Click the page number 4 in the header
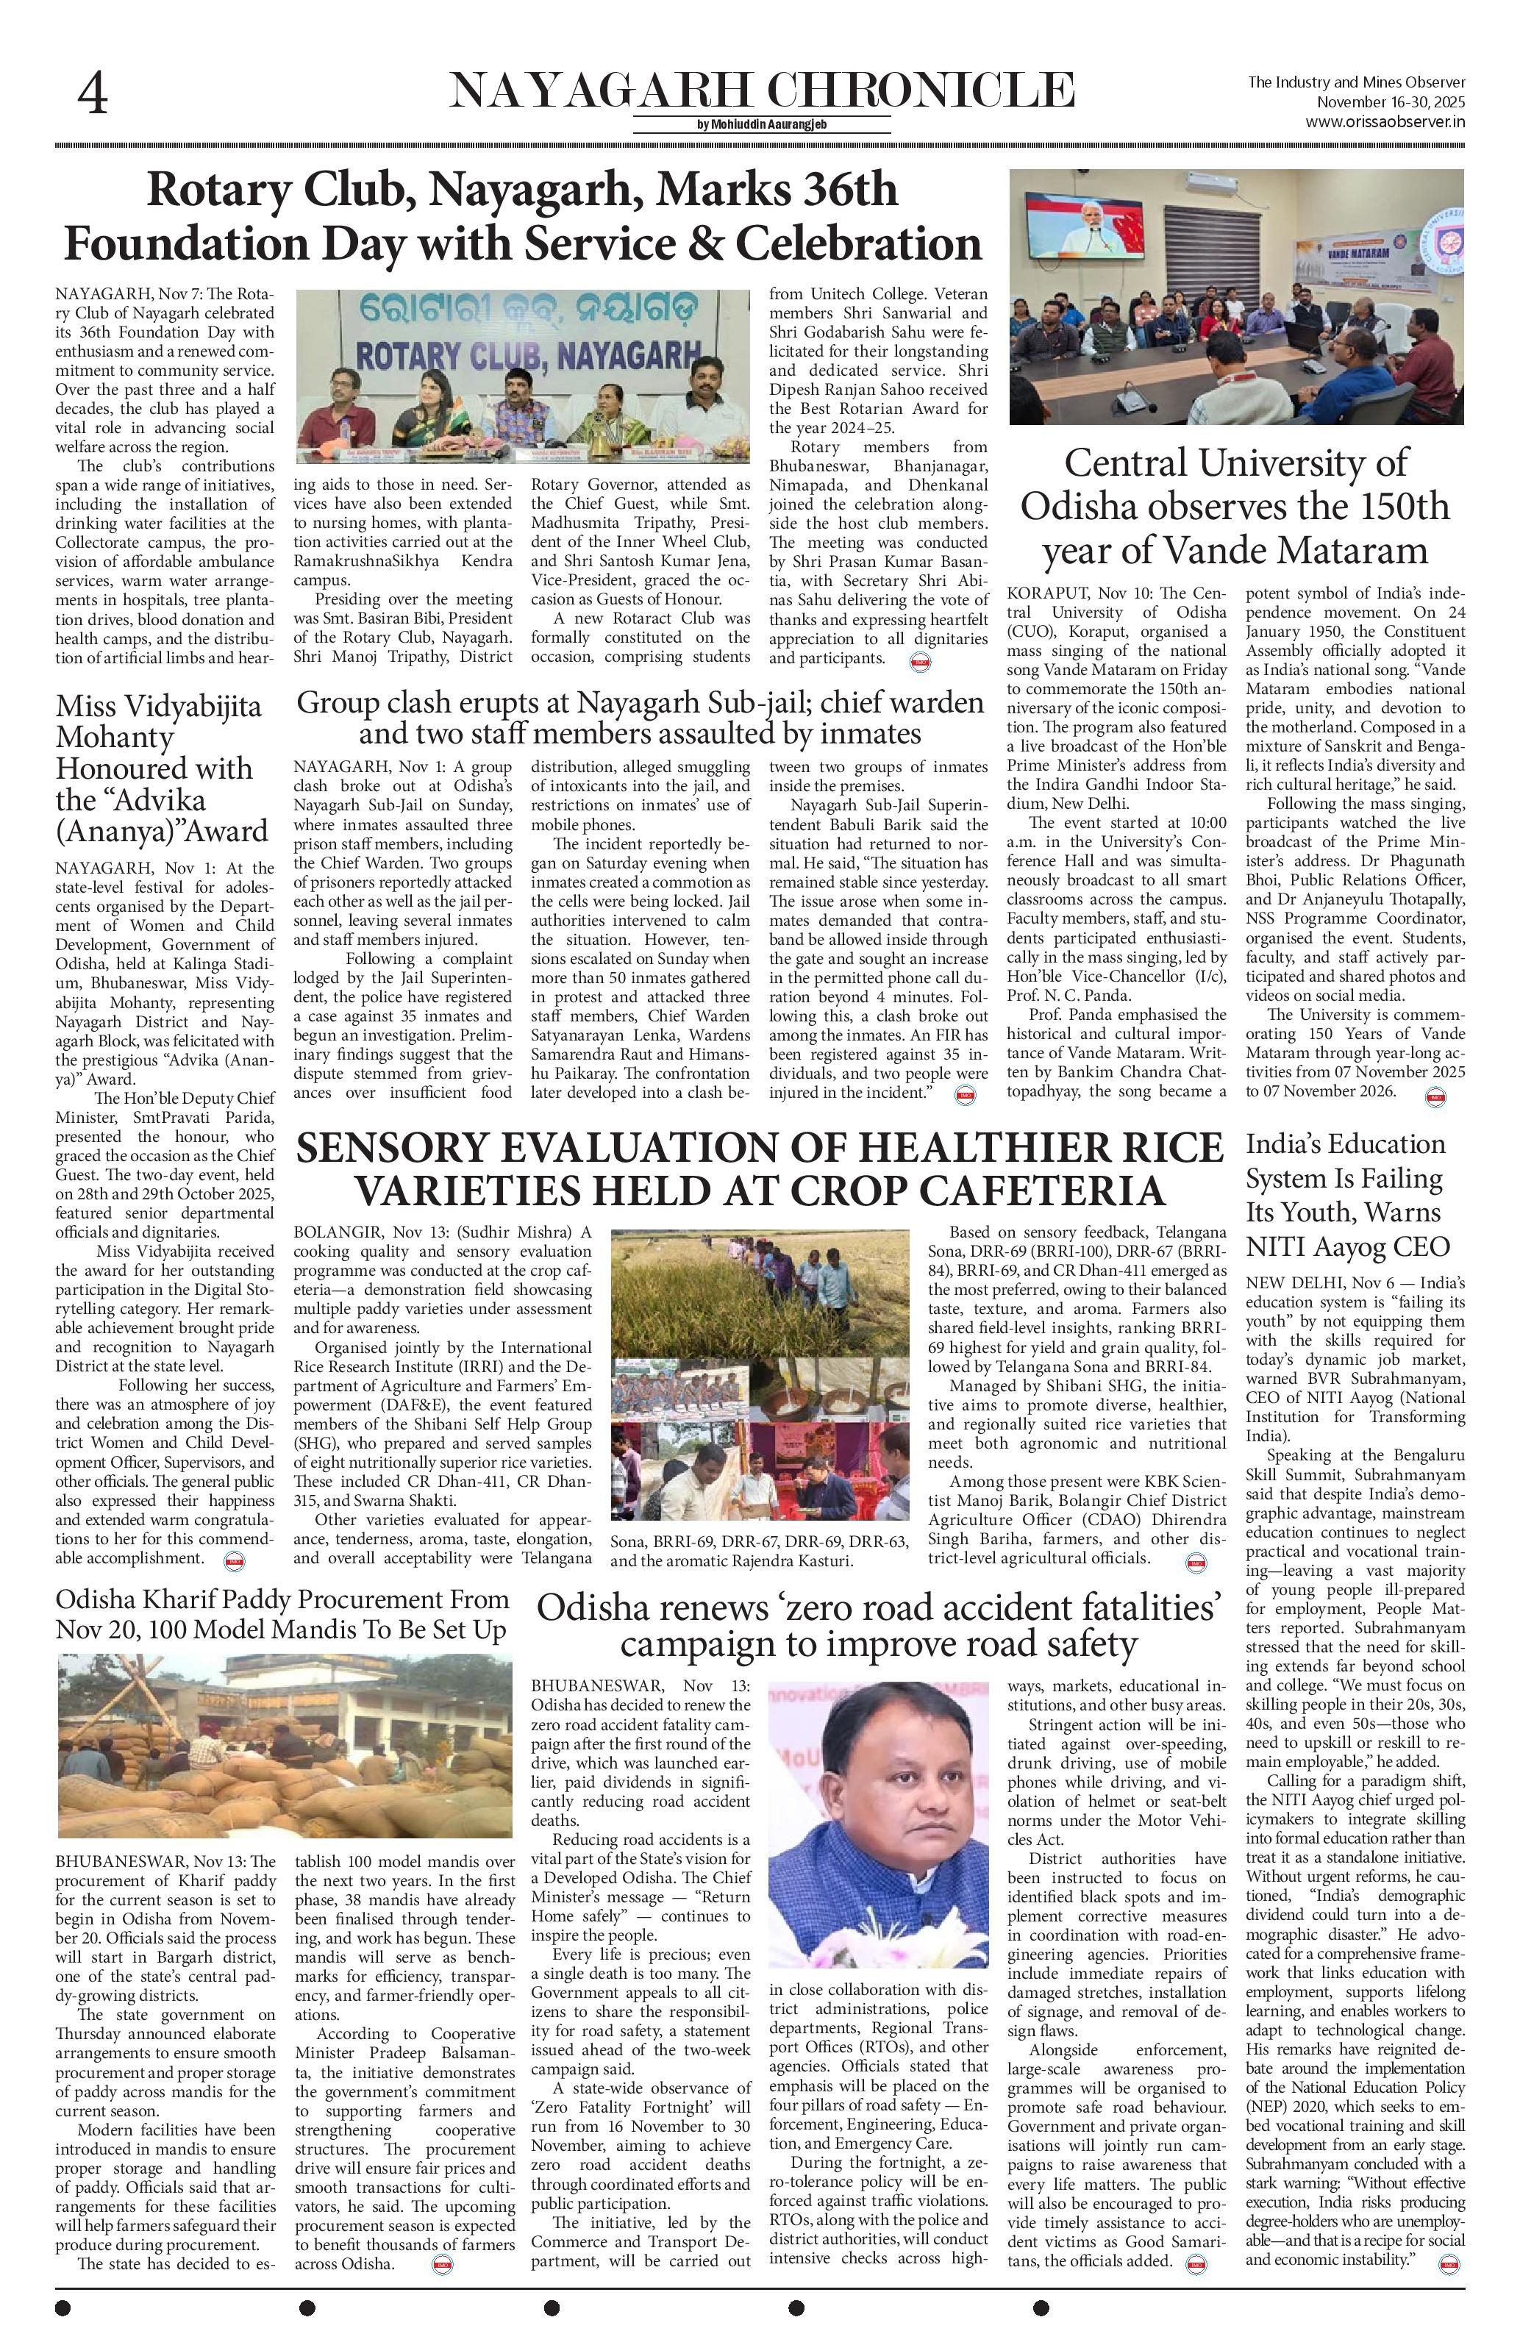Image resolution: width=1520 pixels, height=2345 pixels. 93,95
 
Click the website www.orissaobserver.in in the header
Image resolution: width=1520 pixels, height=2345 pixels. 1386,122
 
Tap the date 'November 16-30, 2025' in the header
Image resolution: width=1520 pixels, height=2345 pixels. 1392,102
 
